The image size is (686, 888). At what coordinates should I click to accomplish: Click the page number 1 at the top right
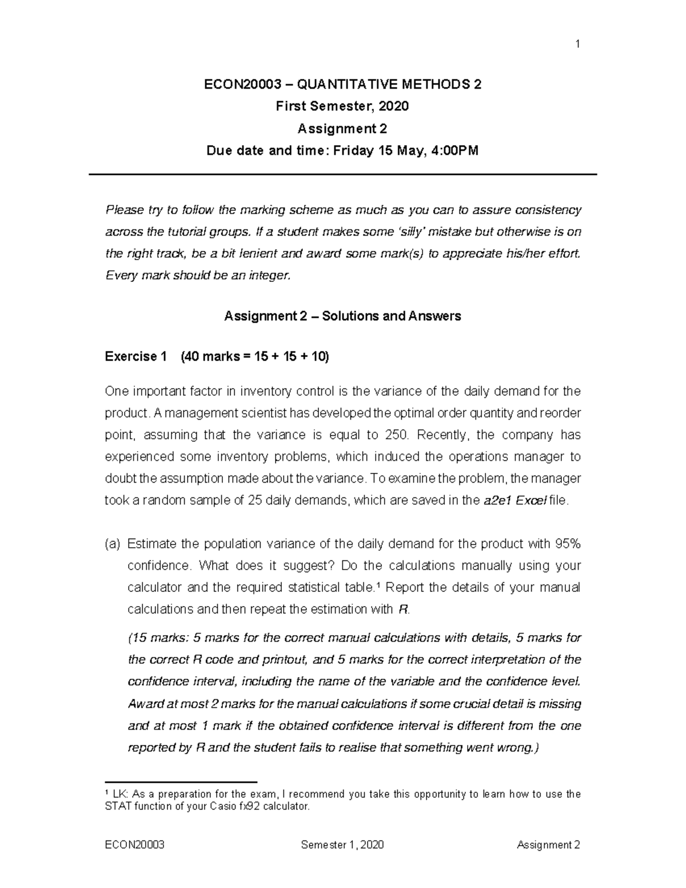click(x=578, y=44)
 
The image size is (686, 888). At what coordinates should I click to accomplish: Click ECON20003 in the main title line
click(x=243, y=85)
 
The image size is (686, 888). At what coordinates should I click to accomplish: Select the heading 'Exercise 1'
click(x=136, y=356)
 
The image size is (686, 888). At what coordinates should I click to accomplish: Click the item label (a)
click(x=113, y=543)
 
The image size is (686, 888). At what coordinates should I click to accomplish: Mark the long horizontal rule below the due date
click(x=342, y=174)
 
